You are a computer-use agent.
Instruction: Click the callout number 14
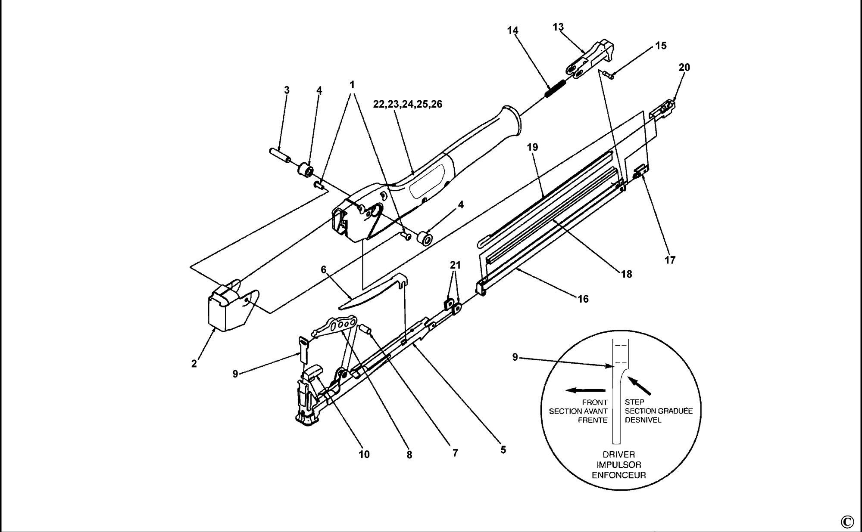512,31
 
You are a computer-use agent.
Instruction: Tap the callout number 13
558,27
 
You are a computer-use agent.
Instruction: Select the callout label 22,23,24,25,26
408,104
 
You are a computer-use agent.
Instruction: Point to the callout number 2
194,364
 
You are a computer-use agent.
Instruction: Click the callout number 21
455,265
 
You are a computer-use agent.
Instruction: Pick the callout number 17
670,260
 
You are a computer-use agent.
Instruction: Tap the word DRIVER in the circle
618,455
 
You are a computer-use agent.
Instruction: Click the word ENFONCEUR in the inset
618,475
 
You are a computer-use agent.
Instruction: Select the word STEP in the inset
634,402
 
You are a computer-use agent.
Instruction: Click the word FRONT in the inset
595,402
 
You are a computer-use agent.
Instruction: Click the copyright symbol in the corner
846,522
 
